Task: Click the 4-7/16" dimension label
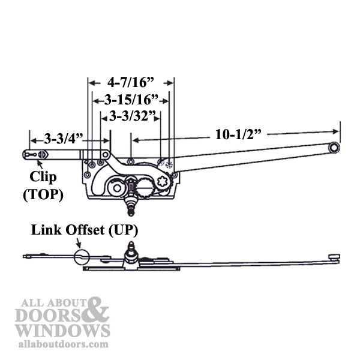tap(130, 82)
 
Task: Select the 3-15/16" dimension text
tap(131, 100)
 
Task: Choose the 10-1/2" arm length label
tap(238, 134)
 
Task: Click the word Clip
tap(43, 177)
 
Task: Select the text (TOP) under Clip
tap(43, 194)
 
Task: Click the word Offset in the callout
tap(85, 230)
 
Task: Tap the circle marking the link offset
tap(82, 257)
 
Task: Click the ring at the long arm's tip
tap(334, 148)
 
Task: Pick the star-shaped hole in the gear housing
tap(163, 181)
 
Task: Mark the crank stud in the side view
tap(131, 254)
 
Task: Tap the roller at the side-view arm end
tap(334, 257)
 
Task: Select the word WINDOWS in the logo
tap(63, 331)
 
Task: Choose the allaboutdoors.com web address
tap(63, 344)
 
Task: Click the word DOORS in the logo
tap(49, 315)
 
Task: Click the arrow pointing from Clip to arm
tap(40, 164)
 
